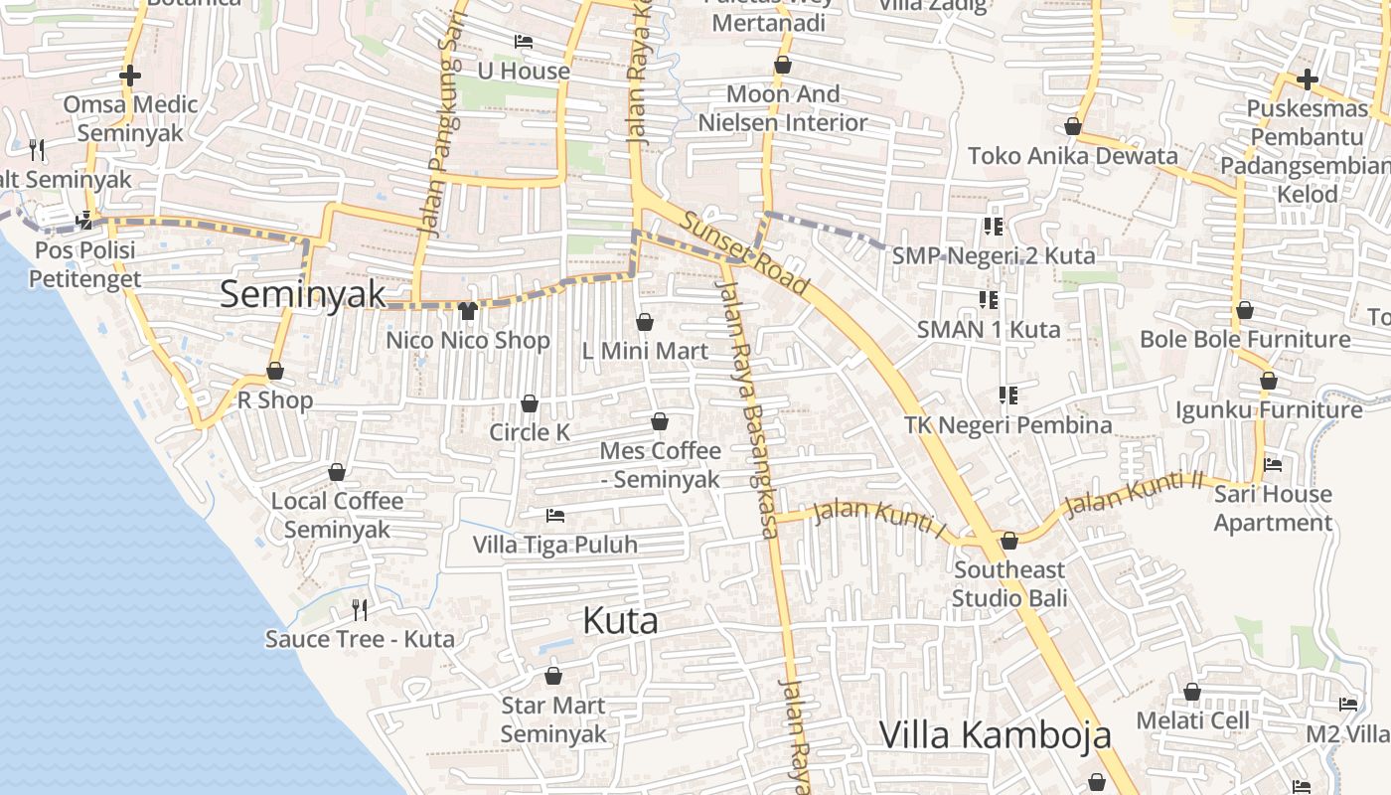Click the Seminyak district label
coord(302,294)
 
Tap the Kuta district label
coord(620,621)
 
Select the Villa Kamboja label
coord(996,735)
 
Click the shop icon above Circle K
coord(530,403)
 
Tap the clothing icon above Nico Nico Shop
coord(468,310)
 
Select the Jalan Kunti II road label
coord(1133,493)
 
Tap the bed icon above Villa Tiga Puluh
coord(555,516)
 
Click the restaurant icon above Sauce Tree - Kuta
coord(360,609)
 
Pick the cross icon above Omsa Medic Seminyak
coord(129,76)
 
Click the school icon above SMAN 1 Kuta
coord(988,299)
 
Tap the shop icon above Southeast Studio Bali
coord(1009,541)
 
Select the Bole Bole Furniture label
coord(1245,339)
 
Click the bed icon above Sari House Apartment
coord(1273,464)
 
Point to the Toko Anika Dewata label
coord(1073,156)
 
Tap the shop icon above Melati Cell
coord(1192,692)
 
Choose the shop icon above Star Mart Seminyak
coord(553,676)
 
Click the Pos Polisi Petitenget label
coord(84,264)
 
